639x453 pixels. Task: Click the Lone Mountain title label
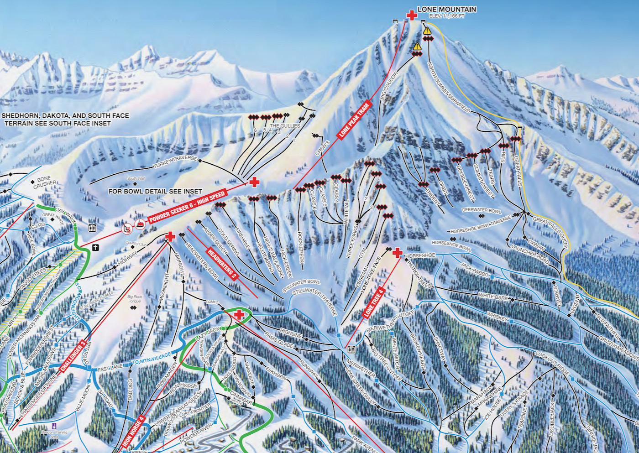pyautogui.click(x=446, y=9)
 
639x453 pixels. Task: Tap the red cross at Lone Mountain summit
pyautogui.click(x=412, y=16)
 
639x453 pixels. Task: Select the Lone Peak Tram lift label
pyautogui.click(x=354, y=121)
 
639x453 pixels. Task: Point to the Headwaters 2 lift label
pyautogui.click(x=222, y=264)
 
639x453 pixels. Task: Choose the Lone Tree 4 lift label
pyautogui.click(x=373, y=303)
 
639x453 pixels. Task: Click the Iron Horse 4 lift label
pyautogui.click(x=133, y=431)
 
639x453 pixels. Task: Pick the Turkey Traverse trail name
pyautogui.click(x=175, y=161)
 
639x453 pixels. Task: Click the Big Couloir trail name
pyautogui.click(x=389, y=85)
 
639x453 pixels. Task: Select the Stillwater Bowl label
pyautogui.click(x=301, y=286)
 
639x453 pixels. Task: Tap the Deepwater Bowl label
pyautogui.click(x=481, y=210)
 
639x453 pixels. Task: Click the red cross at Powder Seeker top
pyautogui.click(x=254, y=182)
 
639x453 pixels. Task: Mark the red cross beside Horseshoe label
pyautogui.click(x=397, y=252)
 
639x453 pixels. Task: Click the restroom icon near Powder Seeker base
pyautogui.click(x=92, y=228)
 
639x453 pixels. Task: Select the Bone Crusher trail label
pyautogui.click(x=45, y=182)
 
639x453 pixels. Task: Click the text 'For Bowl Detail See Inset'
pyautogui.click(x=155, y=191)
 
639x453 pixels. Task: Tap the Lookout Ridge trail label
pyautogui.click(x=552, y=364)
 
